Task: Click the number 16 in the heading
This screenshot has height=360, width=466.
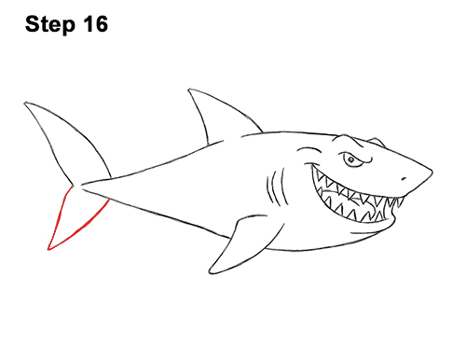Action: [94, 24]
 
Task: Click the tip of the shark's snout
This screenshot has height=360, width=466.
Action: [432, 171]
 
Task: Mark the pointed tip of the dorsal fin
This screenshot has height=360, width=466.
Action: [191, 90]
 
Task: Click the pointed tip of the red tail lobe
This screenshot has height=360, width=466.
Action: [49, 249]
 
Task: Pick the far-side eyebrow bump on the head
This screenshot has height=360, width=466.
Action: [375, 142]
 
